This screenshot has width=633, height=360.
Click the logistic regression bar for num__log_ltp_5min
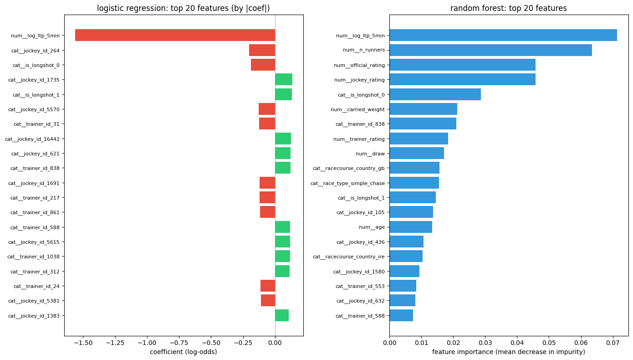tap(175, 36)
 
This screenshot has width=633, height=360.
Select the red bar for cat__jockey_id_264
tap(262, 50)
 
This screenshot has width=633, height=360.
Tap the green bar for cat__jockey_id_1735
tap(284, 80)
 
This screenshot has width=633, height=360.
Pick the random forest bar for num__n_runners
tap(490, 50)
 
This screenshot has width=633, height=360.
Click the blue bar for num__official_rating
tap(462, 65)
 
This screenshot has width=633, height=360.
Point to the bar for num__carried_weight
tap(423, 109)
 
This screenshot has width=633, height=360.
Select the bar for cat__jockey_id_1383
tap(282, 315)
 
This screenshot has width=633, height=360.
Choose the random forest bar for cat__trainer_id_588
tap(401, 315)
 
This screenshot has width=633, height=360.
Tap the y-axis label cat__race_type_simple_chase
tap(347, 183)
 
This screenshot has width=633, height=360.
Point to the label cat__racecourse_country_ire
tap(348, 257)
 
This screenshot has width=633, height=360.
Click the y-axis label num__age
tap(372, 227)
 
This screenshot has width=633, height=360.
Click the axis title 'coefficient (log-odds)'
tap(184, 352)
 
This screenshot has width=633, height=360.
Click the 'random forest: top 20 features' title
tap(509, 8)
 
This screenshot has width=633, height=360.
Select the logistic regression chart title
tap(184, 8)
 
